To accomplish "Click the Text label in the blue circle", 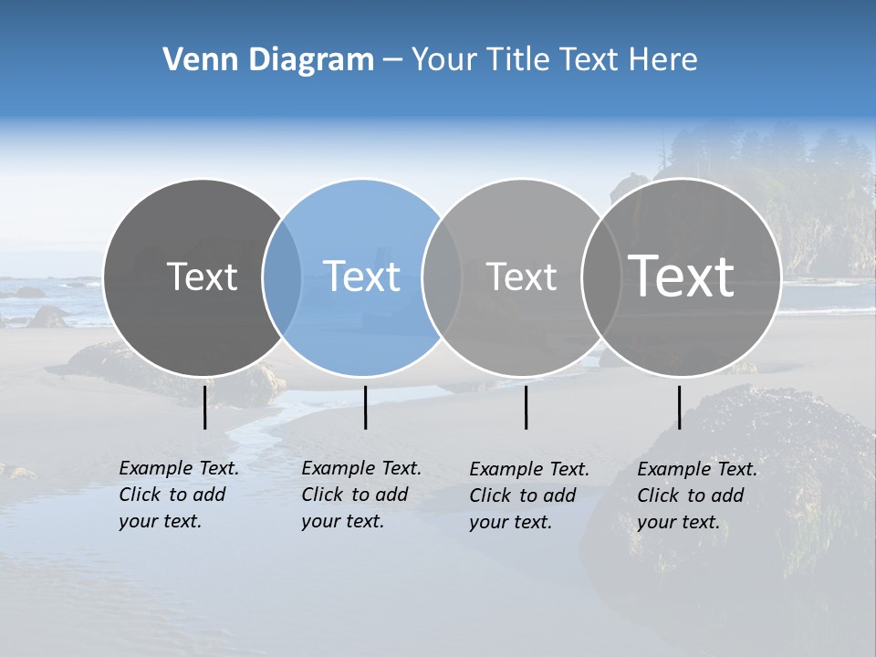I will (x=361, y=276).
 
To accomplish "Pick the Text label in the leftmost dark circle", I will (x=202, y=276).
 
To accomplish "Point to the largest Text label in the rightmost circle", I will (x=682, y=276).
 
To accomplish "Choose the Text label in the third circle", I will (x=521, y=276).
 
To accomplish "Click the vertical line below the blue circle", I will (x=365, y=407).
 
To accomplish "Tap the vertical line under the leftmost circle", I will (x=204, y=407).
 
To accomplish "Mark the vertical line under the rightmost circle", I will (x=679, y=407).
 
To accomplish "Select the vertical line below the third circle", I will (x=526, y=407).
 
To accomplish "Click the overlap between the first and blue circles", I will (x=282, y=277).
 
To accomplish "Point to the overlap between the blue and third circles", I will (x=442, y=277).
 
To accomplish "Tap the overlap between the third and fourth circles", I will (x=600, y=277).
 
